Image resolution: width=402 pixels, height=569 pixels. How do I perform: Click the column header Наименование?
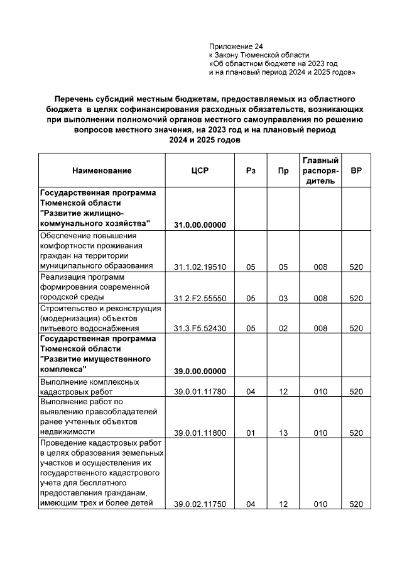pos(102,171)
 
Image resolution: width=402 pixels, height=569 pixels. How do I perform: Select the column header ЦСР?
pos(200,171)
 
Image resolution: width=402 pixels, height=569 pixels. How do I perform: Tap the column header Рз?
pos(251,171)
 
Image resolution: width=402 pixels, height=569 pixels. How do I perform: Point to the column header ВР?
pos(356,171)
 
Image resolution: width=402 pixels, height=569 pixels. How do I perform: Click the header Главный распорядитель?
pos(320,171)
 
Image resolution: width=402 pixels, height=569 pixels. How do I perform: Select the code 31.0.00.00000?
pos(200,224)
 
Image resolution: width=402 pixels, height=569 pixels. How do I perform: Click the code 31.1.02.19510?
pos(200,267)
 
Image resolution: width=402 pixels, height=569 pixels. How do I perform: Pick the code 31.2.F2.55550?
pos(200,298)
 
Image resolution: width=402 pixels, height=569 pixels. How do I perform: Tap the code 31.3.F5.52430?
pos(200,328)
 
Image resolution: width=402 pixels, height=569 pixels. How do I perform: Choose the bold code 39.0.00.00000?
pos(200,372)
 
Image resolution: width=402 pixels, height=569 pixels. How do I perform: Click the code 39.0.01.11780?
pos(200,392)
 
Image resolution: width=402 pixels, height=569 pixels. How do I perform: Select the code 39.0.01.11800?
pos(200,433)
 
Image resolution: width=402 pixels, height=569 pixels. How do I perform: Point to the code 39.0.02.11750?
pos(200,504)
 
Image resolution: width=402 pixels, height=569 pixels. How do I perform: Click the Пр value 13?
pos(283,433)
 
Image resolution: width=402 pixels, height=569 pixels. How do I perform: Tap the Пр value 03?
pos(283,298)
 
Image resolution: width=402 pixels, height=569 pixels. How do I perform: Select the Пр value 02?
pos(283,328)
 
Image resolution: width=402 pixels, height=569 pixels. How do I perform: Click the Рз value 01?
pos(251,433)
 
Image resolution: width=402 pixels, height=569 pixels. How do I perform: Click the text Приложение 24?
pos(236,47)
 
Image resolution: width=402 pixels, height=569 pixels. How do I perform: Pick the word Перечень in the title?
pos(74,99)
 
